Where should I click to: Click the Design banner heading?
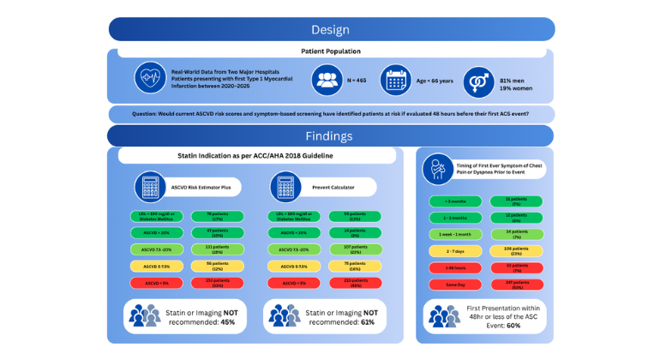[330, 29]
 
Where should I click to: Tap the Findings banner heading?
[330, 136]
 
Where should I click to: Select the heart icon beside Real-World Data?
[150, 79]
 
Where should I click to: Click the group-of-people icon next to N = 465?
[325, 80]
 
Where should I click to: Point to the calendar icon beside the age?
[396, 80]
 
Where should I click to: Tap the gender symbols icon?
[478, 81]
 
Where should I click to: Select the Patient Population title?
[330, 51]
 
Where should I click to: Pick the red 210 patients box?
[353, 282]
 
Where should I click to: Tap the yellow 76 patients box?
[353, 266]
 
